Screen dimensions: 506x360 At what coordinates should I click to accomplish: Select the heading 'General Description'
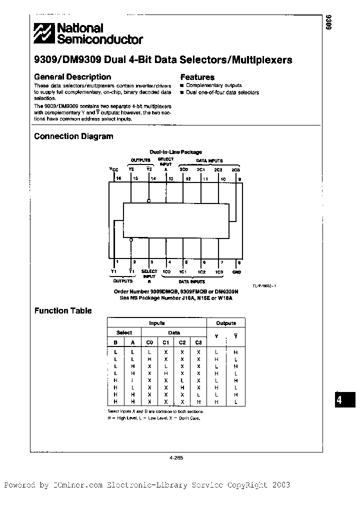click(72, 77)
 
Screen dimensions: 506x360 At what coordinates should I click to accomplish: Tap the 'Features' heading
click(197, 77)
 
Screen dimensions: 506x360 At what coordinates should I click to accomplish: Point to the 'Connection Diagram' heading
click(73, 136)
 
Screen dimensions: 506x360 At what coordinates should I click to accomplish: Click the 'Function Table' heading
click(63, 310)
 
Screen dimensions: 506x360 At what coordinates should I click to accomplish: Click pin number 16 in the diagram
click(118, 178)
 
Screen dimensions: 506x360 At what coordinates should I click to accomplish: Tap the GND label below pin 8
click(236, 272)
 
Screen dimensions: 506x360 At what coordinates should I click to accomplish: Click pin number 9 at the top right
click(239, 178)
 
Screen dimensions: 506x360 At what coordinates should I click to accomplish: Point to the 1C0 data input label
click(166, 272)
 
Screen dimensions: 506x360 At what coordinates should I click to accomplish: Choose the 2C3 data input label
click(236, 169)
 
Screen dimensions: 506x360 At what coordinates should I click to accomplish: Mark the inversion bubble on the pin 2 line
click(131, 240)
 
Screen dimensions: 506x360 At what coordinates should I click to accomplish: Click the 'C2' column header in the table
click(182, 342)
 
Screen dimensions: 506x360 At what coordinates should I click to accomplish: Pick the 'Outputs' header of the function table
click(225, 323)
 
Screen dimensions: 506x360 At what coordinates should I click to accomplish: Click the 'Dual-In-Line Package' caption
click(176, 152)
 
